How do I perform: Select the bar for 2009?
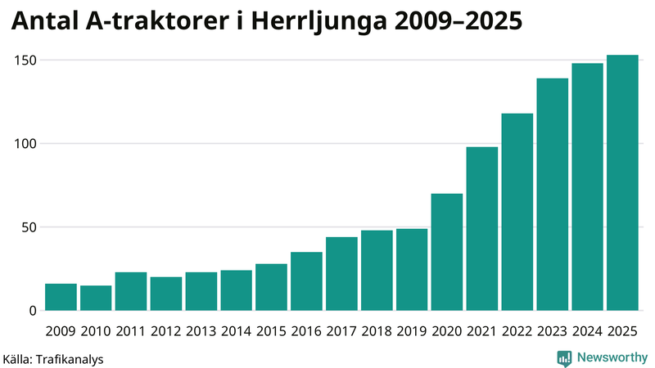61,298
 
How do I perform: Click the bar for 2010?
96,298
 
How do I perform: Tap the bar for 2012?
166,294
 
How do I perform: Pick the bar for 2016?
306,281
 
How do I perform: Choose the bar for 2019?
412,270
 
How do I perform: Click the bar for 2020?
447,252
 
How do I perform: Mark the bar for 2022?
517,213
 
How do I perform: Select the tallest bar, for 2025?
622,183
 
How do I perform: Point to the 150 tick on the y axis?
27,61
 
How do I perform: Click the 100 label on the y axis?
27,144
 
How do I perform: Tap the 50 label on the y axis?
30,227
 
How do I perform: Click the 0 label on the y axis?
34,311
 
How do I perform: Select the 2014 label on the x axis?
236,331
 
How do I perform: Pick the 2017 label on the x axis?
341,331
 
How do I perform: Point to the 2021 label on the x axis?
482,331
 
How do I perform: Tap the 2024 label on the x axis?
587,331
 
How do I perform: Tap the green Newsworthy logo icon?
564,357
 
